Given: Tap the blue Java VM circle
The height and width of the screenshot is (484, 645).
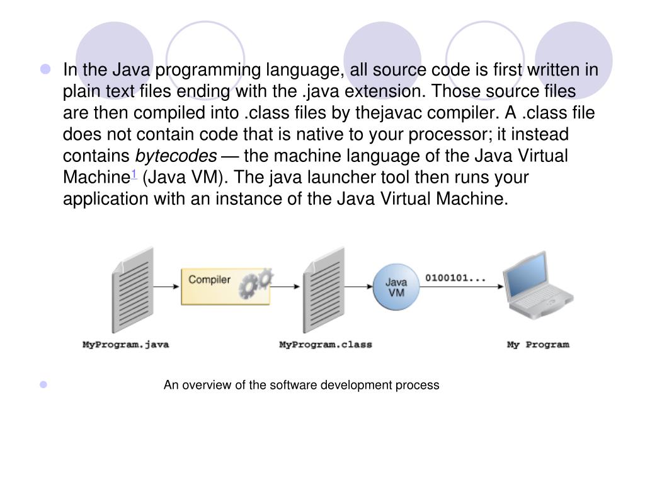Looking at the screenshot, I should [x=396, y=287].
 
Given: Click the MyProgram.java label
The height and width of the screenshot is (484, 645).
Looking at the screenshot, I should [x=126, y=345].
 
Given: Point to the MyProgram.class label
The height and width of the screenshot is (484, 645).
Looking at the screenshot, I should [x=325, y=345].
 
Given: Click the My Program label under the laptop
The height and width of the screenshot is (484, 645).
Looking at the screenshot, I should [x=538, y=345].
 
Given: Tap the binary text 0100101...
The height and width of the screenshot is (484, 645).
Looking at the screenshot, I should [x=455, y=278].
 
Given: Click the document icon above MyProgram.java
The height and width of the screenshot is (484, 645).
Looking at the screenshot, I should [x=132, y=289].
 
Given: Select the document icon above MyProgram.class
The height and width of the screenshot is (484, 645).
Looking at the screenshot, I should [x=324, y=289].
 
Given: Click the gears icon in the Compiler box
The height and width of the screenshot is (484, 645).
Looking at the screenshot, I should [x=256, y=284].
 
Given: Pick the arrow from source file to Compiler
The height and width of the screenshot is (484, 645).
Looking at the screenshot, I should [x=166, y=287].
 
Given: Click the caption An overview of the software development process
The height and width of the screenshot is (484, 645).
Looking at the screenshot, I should [x=301, y=385].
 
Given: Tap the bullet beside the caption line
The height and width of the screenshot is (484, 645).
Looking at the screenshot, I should [x=44, y=384].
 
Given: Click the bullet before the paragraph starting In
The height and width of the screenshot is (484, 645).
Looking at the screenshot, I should [x=46, y=69].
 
